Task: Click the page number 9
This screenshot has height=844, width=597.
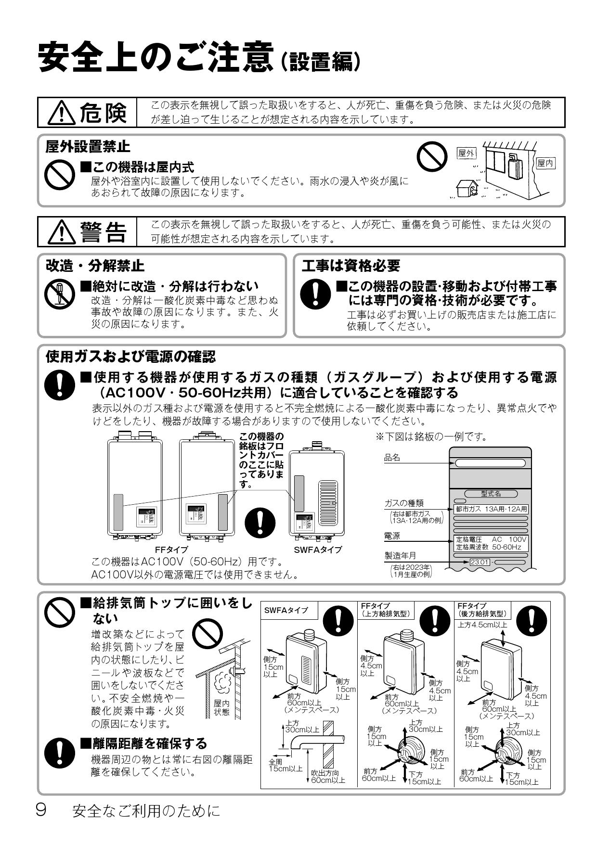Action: click(x=41, y=810)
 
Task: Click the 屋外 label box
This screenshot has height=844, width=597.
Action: click(x=466, y=153)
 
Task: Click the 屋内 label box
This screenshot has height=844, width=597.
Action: click(x=545, y=164)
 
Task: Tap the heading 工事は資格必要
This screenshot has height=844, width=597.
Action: click(x=351, y=265)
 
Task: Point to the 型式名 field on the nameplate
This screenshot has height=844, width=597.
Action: click(x=491, y=494)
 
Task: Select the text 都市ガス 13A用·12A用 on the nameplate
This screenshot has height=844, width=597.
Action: click(x=491, y=509)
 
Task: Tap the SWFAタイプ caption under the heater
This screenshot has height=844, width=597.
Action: click(x=318, y=550)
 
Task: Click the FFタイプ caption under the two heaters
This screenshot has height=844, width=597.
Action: click(x=171, y=550)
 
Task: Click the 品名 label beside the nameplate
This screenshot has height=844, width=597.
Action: click(x=392, y=458)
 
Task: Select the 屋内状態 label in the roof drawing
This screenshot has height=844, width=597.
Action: click(x=222, y=708)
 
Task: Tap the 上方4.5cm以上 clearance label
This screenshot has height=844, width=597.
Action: click(x=482, y=625)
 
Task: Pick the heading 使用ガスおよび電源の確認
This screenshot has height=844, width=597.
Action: click(x=130, y=357)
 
